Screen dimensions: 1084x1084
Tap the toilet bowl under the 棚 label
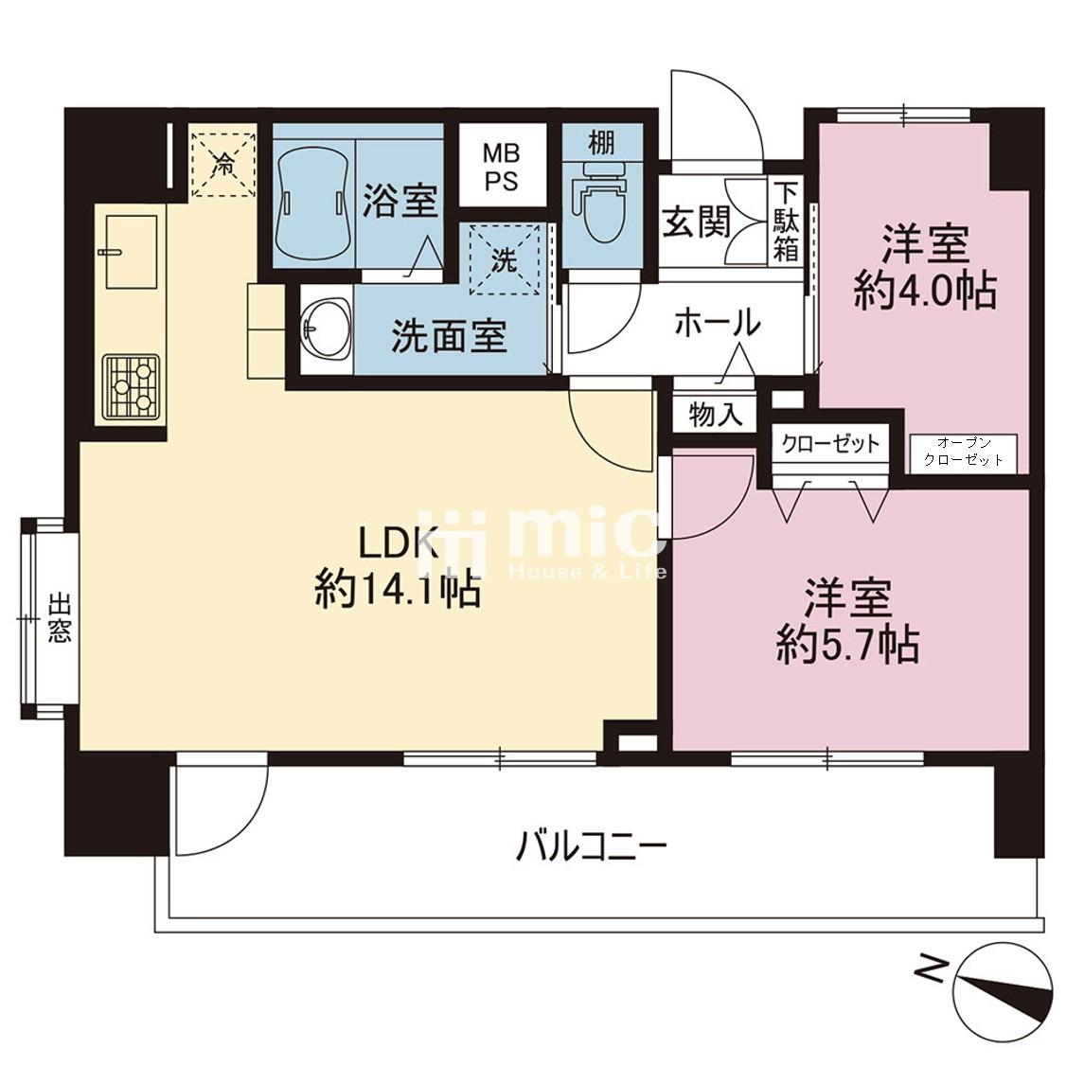[x=603, y=204]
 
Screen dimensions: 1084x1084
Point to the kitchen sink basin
[x=132, y=251]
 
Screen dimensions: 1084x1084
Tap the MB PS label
[x=501, y=167]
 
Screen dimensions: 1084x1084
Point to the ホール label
[x=718, y=323]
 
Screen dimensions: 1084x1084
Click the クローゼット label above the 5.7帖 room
[x=830, y=443]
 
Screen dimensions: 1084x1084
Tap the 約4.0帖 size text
[x=924, y=291]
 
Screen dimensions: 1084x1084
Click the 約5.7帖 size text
[x=847, y=646]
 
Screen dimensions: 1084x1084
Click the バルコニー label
[x=592, y=846]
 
